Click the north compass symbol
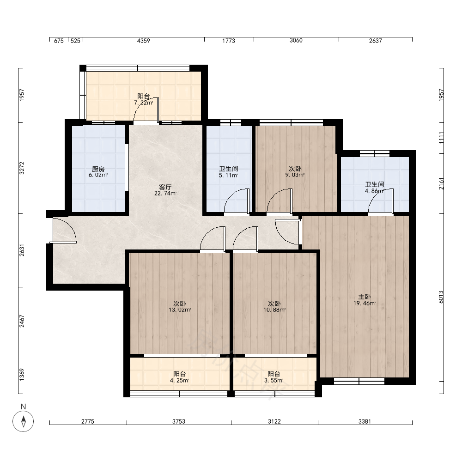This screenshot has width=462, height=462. [23, 421]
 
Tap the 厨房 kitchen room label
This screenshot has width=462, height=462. [98, 169]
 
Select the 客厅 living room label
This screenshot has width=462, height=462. [165, 188]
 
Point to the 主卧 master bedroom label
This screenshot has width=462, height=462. [365, 297]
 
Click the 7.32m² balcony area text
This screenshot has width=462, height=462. [144, 103]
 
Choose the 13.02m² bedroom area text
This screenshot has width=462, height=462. [180, 310]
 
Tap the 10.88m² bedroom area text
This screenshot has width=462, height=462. [274, 310]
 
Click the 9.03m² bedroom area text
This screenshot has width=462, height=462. [295, 175]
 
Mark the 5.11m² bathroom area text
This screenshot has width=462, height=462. [228, 175]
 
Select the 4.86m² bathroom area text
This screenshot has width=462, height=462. [374, 191]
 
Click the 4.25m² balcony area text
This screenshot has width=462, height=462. [179, 380]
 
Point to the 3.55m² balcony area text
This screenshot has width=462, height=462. [274, 380]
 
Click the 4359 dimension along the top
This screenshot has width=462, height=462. [144, 41]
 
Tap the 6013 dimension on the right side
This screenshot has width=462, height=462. [441, 297]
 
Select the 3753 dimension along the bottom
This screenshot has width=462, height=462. [179, 421]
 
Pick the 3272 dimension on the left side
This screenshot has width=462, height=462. [22, 168]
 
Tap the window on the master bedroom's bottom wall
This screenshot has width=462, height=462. [359, 381]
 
